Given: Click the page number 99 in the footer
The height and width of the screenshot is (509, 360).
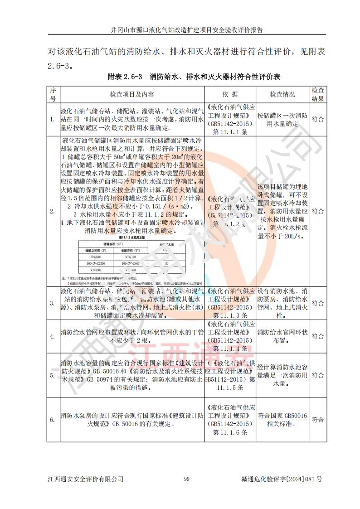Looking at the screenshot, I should click(186, 479).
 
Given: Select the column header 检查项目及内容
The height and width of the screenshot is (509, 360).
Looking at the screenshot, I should click(132, 94).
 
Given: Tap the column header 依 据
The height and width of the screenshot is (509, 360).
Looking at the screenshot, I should click(230, 94).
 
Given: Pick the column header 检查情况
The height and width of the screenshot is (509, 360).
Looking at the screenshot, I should click(282, 94).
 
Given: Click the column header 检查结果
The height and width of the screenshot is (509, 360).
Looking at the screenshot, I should click(318, 94).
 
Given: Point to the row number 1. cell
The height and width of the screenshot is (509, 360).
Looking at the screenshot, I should click(53, 119).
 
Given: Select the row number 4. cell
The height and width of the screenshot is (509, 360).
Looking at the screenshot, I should click(53, 336).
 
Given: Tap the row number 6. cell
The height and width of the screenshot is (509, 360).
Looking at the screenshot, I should click(53, 420).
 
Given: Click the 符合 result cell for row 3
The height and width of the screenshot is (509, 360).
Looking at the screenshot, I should click(318, 303).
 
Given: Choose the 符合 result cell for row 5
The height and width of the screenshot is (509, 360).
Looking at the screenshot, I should click(318, 375).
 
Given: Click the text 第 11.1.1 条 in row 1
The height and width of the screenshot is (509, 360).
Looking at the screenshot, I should click(230, 132).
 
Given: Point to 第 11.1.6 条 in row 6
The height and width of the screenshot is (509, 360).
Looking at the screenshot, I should click(230, 433).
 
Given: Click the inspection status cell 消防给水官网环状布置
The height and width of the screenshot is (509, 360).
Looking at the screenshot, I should click(282, 336).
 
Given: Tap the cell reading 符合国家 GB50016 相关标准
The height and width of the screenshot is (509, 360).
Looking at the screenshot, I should click(282, 420).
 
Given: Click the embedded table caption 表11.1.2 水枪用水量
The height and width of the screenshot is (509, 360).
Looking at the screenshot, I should click(131, 237).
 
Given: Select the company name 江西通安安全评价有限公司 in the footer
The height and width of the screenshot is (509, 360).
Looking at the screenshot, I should click(85, 479).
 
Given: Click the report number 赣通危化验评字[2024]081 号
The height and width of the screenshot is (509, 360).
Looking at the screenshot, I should click(282, 479).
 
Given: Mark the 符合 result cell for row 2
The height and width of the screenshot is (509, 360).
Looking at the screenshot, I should click(318, 211).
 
